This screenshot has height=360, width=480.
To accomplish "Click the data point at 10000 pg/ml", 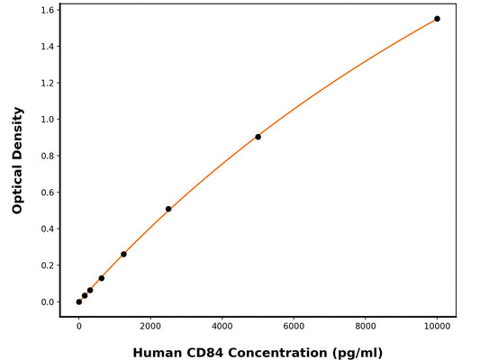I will click(x=437, y=19).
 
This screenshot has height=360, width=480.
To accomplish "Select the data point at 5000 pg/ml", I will click(x=258, y=137).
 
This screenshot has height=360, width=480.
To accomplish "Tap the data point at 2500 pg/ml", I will click(x=168, y=209).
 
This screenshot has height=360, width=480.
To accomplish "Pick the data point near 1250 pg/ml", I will click(x=123, y=254).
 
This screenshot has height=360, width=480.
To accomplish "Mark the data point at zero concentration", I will click(x=79, y=301).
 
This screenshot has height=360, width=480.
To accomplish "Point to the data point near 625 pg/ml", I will click(x=101, y=278).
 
